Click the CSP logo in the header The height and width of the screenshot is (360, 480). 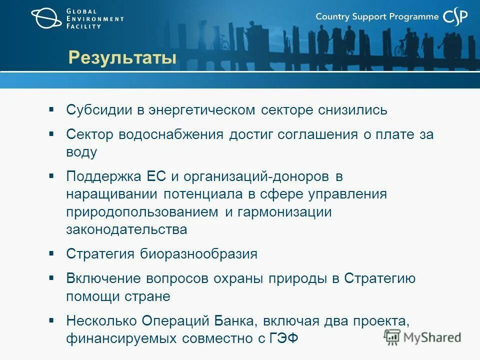[x=455, y=17]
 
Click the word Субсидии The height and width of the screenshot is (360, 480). [x=99, y=110]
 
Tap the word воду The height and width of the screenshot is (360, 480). [x=81, y=152]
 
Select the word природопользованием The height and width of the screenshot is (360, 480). [x=142, y=211]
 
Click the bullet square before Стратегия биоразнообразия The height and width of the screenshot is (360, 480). [x=51, y=253]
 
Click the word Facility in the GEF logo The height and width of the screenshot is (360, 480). [x=83, y=26]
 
